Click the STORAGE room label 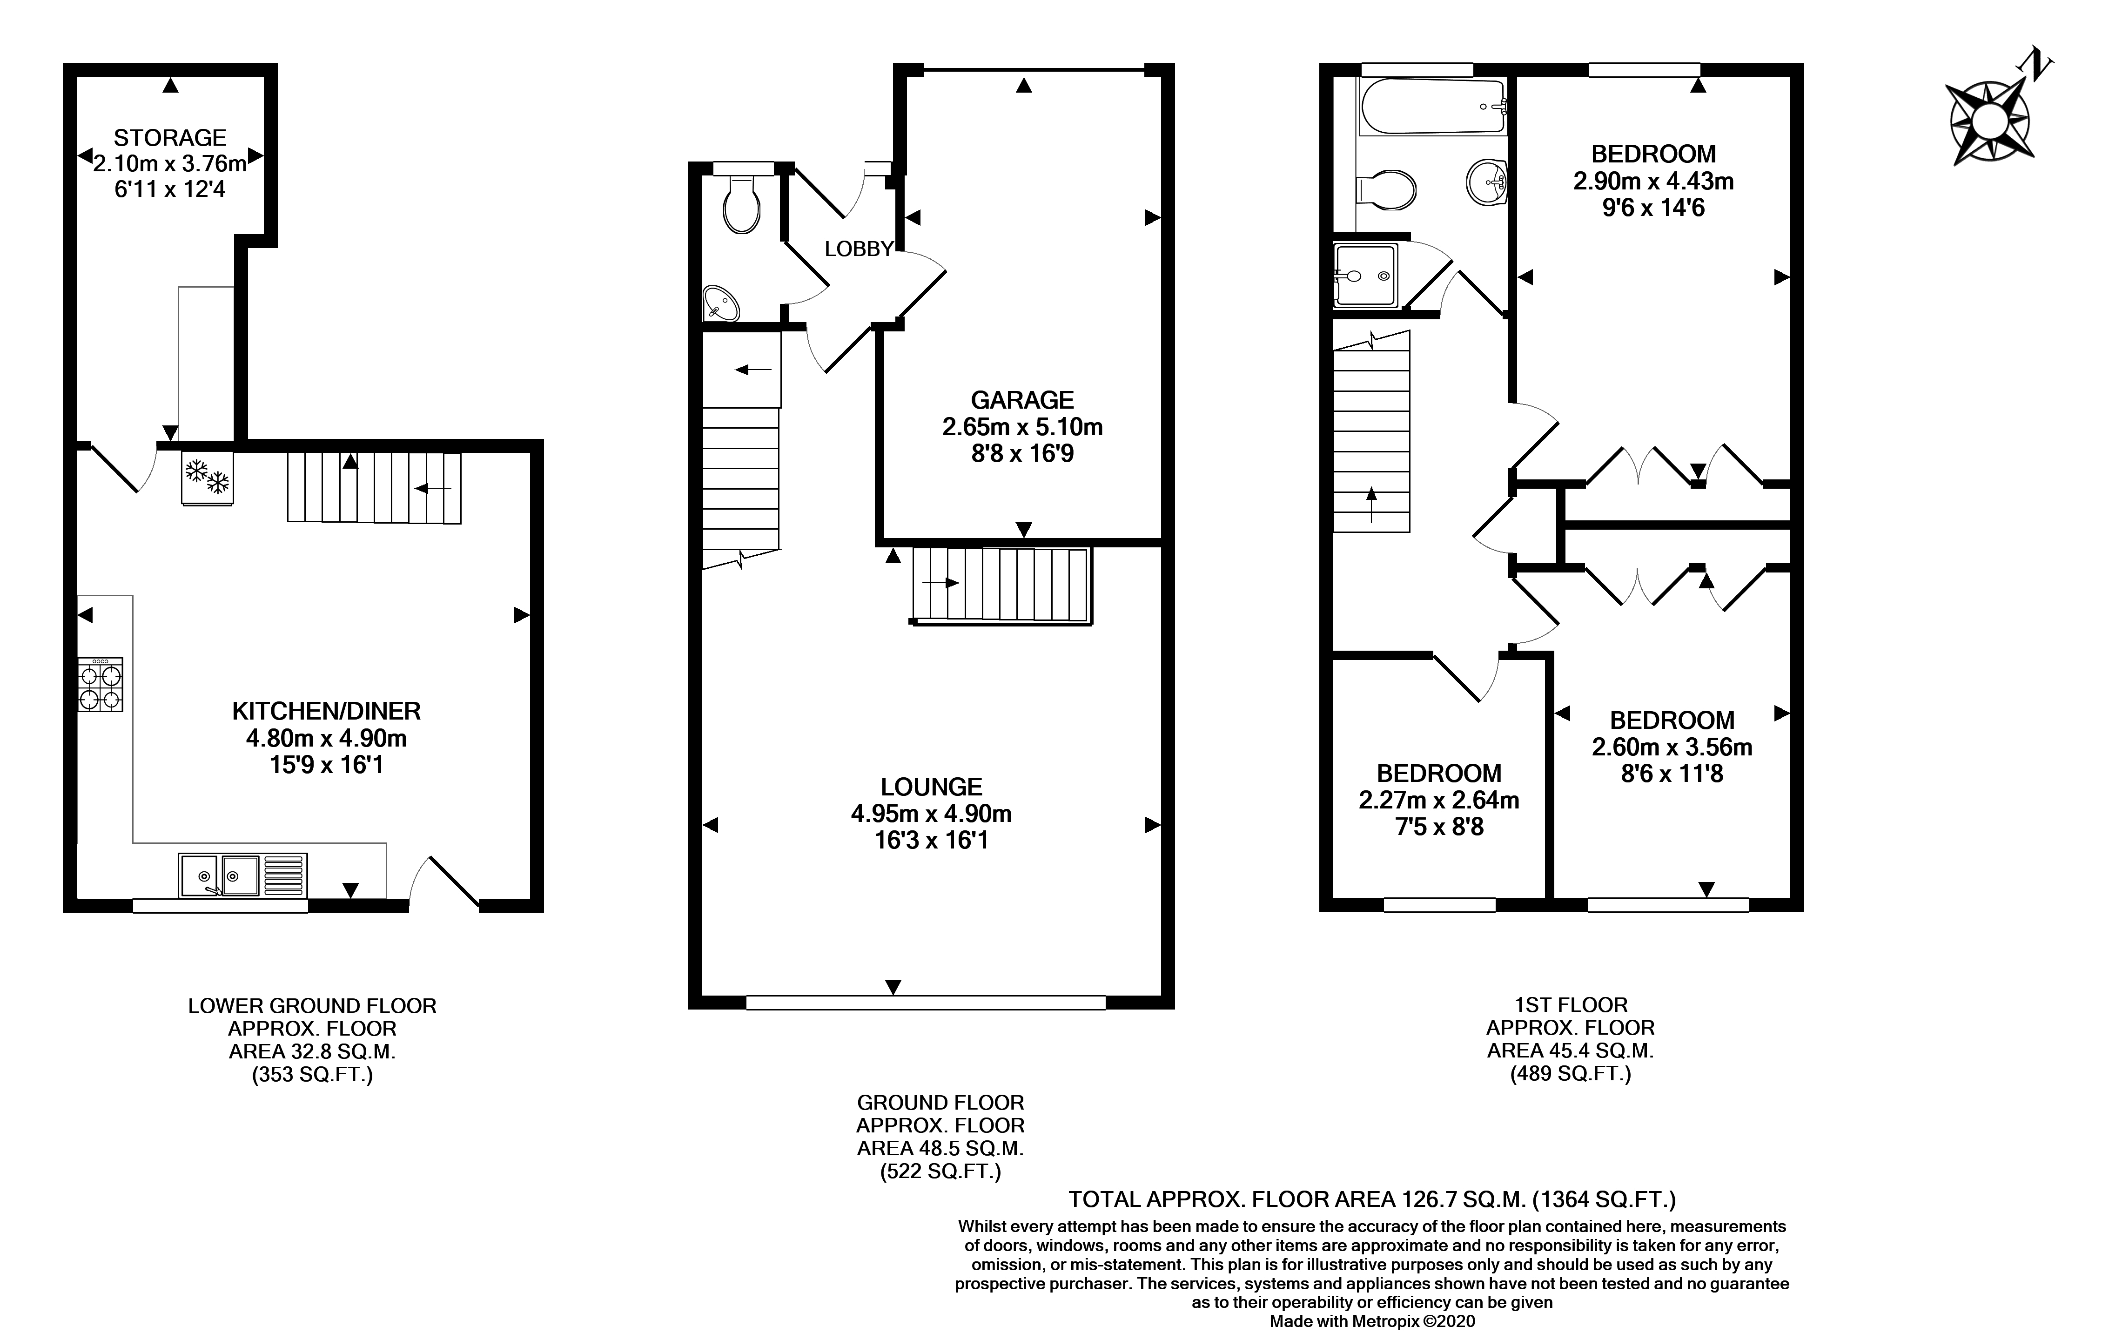pos(170,137)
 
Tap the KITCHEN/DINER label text pos(326,710)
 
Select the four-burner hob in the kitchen pos(100,684)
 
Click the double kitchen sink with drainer pos(242,875)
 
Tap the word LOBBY pos(858,249)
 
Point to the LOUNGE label pos(931,787)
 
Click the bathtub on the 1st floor pos(1433,106)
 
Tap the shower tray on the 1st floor pos(1365,275)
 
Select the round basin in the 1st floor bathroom pos(1486,182)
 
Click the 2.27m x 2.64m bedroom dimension pos(1439,800)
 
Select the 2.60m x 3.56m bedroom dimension pos(1672,747)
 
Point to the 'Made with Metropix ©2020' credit pos(1372,1321)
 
